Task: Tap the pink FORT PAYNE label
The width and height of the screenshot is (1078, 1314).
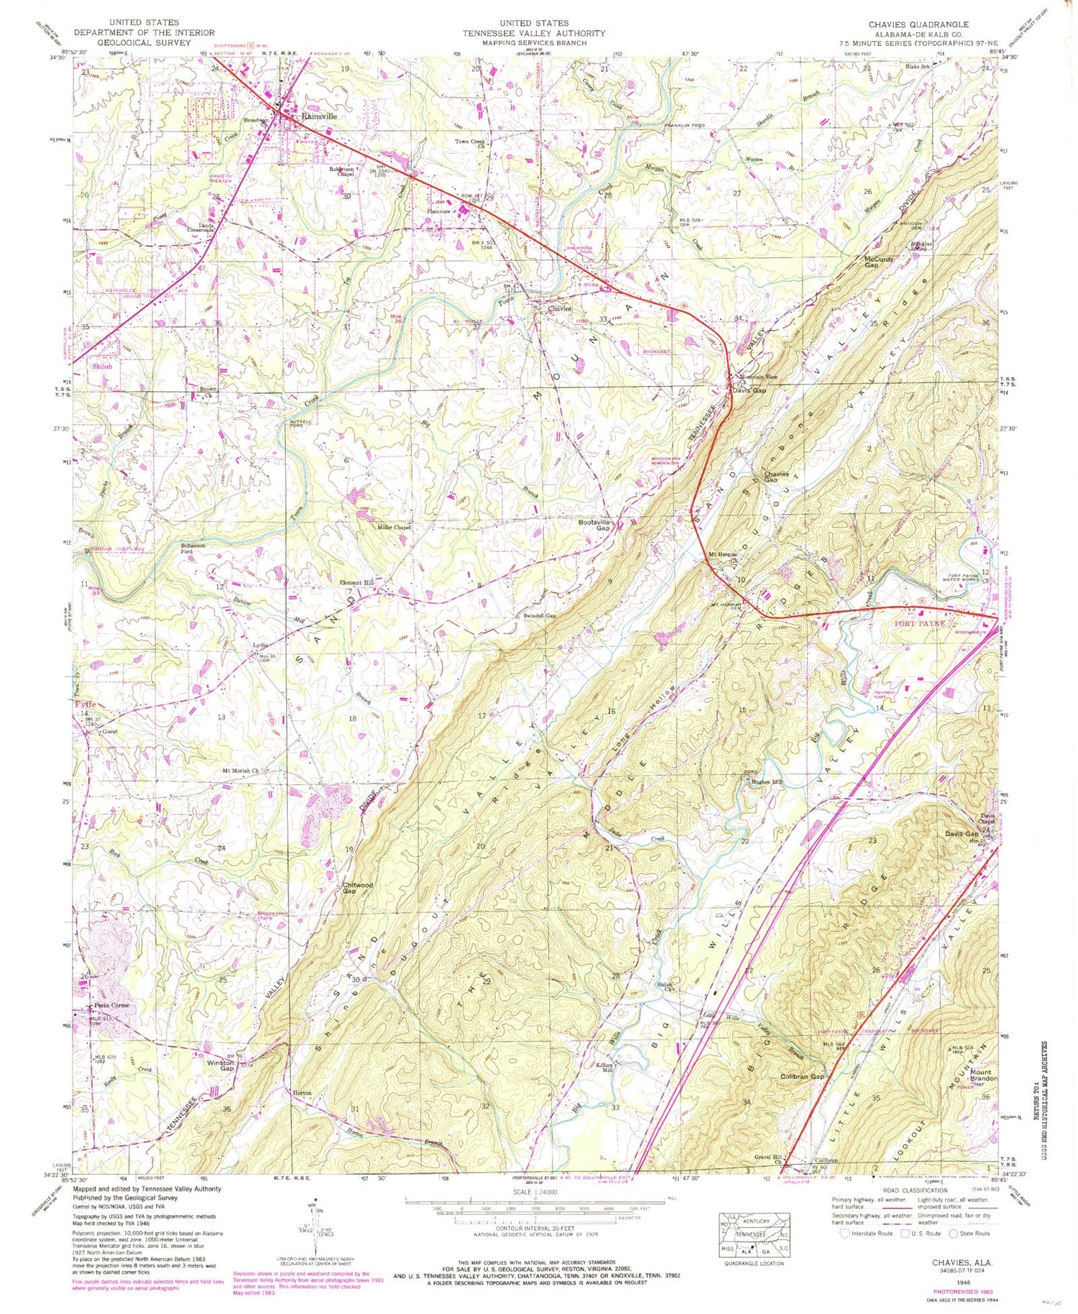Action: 919,623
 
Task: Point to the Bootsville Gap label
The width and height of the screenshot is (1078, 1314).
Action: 594,525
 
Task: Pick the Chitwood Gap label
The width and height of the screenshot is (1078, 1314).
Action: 357,888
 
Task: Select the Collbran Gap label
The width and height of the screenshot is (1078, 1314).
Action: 802,1077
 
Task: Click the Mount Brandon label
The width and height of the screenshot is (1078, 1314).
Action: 983,1075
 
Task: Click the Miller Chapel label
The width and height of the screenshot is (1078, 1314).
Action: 394,528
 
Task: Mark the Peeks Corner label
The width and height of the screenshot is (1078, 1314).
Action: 111,1005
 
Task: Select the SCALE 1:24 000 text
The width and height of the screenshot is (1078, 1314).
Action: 535,1192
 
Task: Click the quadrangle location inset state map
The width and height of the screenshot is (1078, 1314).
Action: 755,1236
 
